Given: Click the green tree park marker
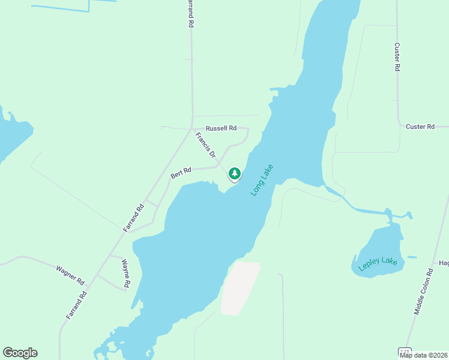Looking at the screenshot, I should [x=234, y=174].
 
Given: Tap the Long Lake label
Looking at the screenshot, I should [x=262, y=179].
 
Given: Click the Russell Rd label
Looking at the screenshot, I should [x=221, y=128].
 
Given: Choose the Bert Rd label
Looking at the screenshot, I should [x=181, y=173].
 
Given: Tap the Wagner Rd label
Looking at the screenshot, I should [x=70, y=275].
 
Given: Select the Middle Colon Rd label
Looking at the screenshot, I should [x=423, y=292].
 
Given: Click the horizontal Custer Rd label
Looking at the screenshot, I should [x=420, y=127].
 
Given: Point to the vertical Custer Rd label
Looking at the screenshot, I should [x=397, y=57].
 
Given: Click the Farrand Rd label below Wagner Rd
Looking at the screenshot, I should [x=77, y=305].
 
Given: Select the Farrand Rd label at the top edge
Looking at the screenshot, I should [x=190, y=13].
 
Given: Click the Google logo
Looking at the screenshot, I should [x=20, y=353].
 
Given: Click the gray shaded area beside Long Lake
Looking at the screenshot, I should [x=240, y=288].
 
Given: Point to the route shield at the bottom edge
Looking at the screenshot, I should [x=406, y=352].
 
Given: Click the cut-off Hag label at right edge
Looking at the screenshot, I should [x=444, y=263].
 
